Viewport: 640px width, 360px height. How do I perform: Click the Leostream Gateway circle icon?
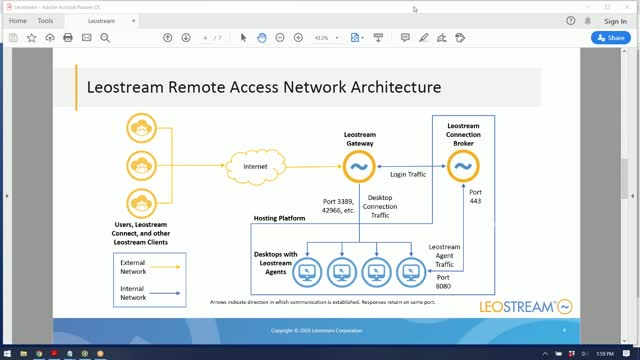[x=358, y=165]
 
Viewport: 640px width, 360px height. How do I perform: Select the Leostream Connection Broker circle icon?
[x=462, y=165]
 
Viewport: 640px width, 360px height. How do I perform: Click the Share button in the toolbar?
[x=610, y=38]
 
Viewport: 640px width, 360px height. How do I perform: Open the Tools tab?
[x=46, y=20]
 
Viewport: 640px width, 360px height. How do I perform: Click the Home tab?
[x=18, y=20]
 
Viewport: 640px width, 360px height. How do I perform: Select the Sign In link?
[x=616, y=20]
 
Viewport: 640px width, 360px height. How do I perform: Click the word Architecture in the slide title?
[x=391, y=87]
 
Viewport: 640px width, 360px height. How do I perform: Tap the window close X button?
[x=627, y=5]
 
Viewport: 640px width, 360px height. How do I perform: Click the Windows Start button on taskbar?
[x=8, y=353]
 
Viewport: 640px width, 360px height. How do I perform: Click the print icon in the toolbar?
[x=68, y=38]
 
